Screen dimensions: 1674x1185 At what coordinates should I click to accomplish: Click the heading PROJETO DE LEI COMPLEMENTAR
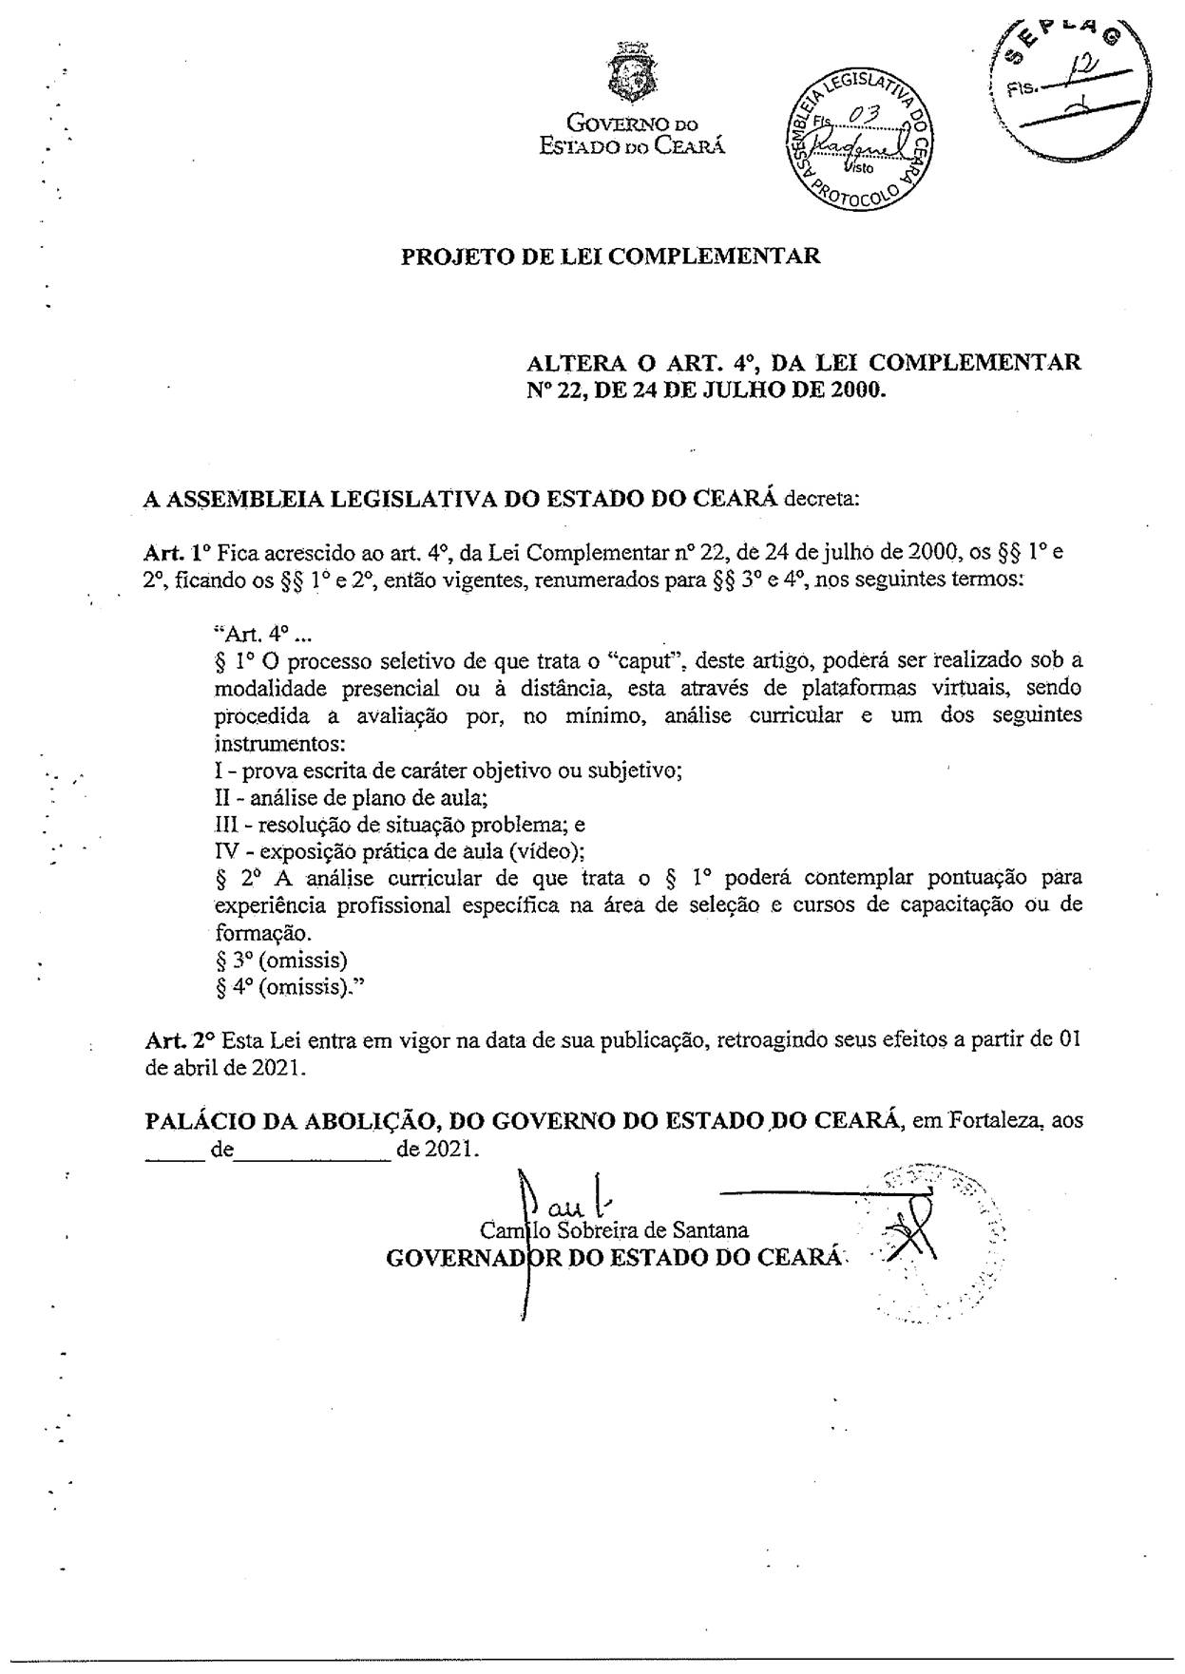(610, 257)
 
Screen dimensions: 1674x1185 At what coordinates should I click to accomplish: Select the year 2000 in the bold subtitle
(855, 389)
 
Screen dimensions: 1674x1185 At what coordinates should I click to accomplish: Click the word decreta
(822, 498)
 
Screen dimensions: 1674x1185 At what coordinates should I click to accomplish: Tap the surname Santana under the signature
(710, 1230)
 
